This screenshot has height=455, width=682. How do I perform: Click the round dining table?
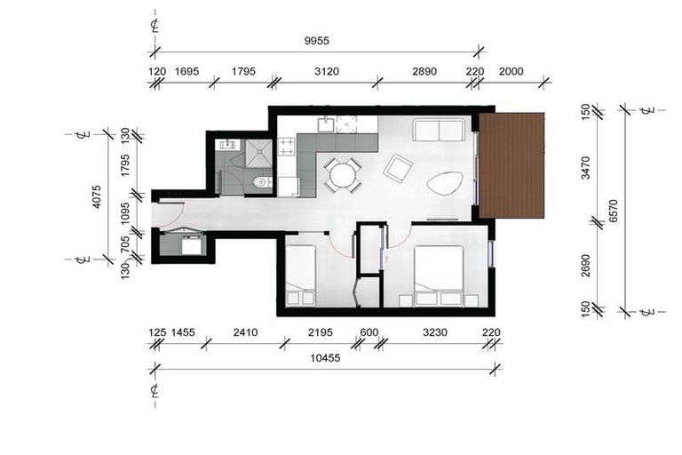click(x=341, y=174)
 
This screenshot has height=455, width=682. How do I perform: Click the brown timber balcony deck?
click(x=511, y=164)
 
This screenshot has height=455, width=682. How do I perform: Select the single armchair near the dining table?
click(x=398, y=167)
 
